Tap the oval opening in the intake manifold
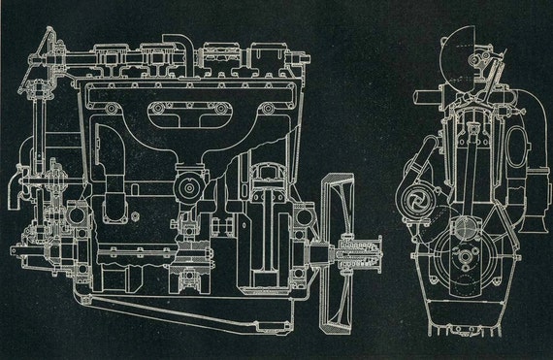tap(183, 115)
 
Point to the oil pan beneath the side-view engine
tap(194, 311)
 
